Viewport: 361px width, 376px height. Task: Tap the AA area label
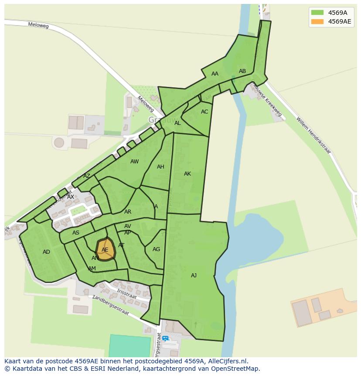click(215, 74)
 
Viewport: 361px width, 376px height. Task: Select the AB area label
click(242, 71)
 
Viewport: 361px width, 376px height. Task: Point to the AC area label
click(204, 112)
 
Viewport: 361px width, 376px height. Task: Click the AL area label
click(177, 123)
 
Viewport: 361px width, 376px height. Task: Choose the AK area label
click(187, 174)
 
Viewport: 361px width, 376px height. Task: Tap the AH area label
click(160, 167)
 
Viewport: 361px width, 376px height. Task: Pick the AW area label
click(134, 162)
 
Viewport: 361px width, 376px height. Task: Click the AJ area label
click(194, 276)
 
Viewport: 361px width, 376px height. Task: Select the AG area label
click(156, 249)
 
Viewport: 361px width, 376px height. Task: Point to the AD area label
click(46, 252)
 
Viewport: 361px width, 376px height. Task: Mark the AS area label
click(76, 233)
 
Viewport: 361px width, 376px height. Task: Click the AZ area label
click(87, 176)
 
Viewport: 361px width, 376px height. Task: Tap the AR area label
click(128, 212)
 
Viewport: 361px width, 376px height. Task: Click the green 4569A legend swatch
click(317, 13)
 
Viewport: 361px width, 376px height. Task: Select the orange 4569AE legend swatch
click(317, 21)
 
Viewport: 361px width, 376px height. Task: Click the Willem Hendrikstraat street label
click(313, 135)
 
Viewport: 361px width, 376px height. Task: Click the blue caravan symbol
click(165, 338)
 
